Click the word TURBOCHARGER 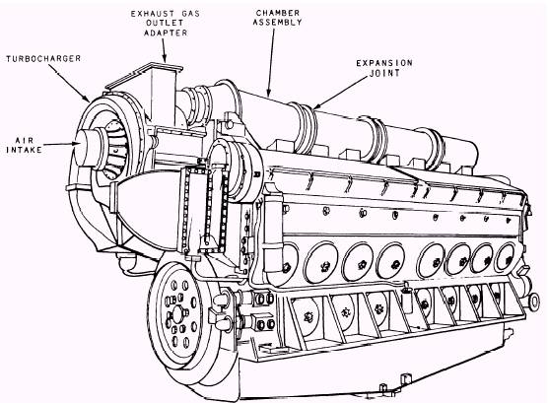(x=43, y=59)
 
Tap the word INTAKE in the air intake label (x=25, y=150)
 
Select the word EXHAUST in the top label (x=150, y=14)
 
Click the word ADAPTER (x=166, y=33)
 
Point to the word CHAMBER (x=278, y=13)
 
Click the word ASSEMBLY (x=278, y=23)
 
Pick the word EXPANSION (x=384, y=63)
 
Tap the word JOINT (x=384, y=73)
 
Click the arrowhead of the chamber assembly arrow (x=268, y=92)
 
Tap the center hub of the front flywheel (x=177, y=315)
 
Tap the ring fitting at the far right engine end (x=533, y=301)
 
